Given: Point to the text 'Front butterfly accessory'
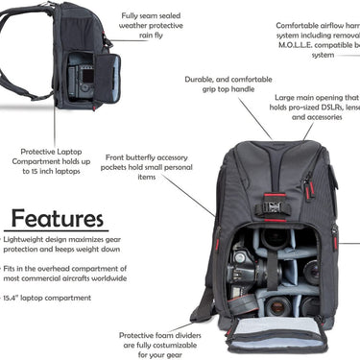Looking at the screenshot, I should (145, 156).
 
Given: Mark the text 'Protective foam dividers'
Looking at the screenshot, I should (156, 336).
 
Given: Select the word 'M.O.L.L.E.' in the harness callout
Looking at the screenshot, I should (300, 45).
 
